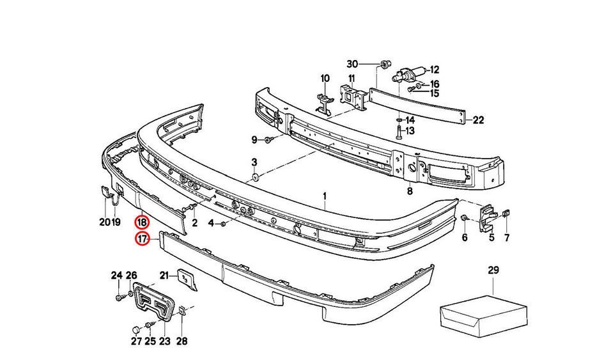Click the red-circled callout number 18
(142, 223)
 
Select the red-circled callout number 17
(142, 240)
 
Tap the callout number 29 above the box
(493, 271)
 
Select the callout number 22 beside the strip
(479, 120)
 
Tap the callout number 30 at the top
(352, 64)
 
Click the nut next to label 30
(383, 64)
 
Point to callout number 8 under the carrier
(409, 191)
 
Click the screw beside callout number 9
(270, 139)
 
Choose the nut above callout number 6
(465, 219)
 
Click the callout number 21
(164, 275)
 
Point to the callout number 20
(104, 223)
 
